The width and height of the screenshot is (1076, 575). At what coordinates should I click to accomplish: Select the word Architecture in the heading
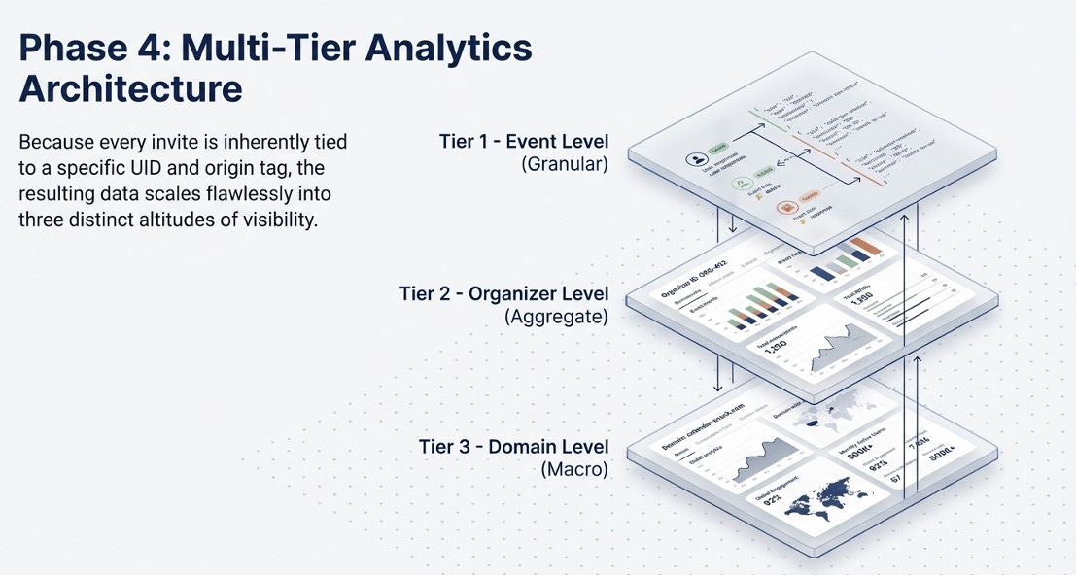click(x=130, y=88)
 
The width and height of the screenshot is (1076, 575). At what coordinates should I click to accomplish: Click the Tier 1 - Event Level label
click(x=524, y=143)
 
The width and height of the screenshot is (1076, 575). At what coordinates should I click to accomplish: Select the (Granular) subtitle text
click(x=565, y=165)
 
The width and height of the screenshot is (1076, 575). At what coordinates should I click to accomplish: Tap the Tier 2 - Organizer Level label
click(x=503, y=293)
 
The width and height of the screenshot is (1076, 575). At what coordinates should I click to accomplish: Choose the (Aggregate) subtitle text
click(x=557, y=316)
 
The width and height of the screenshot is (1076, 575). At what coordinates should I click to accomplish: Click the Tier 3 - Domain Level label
click(x=514, y=447)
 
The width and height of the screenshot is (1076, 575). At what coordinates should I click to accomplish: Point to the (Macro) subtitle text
click(x=574, y=469)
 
